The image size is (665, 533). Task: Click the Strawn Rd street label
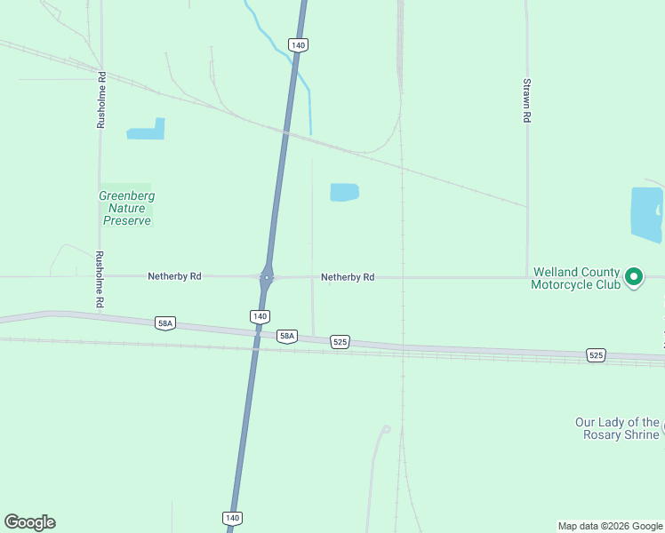(527, 100)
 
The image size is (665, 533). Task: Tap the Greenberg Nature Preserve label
(126, 208)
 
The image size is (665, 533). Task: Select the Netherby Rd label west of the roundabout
(174, 276)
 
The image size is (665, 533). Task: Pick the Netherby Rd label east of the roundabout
(348, 277)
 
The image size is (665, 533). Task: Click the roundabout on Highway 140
(267, 276)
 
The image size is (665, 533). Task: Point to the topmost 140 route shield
(298, 44)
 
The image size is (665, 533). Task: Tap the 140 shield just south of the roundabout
(259, 316)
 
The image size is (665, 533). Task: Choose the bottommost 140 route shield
(231, 517)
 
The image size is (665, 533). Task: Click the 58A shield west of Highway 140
(164, 324)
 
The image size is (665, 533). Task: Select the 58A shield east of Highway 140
(286, 336)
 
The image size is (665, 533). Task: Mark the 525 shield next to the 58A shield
(340, 341)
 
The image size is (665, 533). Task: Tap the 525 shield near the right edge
(597, 355)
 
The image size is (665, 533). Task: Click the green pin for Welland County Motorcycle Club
(634, 278)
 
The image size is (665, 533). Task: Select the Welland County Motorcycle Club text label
(575, 279)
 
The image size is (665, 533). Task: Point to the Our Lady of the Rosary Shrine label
(617, 428)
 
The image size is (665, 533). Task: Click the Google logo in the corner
(30, 522)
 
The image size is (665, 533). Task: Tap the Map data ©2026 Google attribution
(610, 526)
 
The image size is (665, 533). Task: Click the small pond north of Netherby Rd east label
(344, 192)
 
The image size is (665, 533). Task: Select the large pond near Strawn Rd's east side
(645, 214)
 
